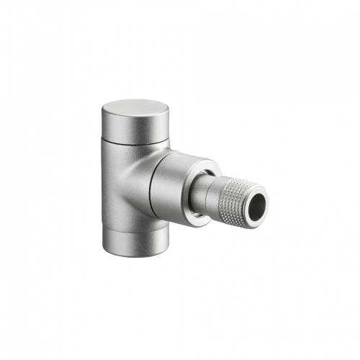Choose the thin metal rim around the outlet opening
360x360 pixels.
click(264, 194)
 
